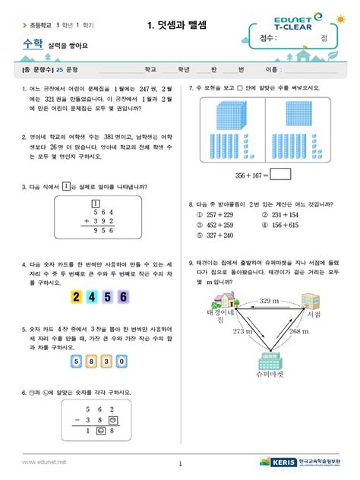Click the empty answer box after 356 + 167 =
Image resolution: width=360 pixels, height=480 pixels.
pos(279,174)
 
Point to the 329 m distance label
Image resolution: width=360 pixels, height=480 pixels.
pos(270,302)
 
